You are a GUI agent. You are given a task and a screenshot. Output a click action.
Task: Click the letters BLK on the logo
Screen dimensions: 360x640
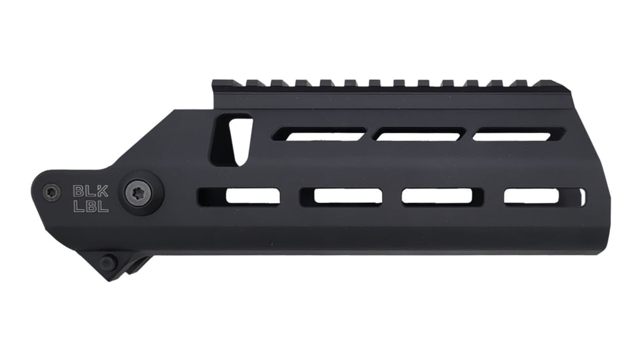90,191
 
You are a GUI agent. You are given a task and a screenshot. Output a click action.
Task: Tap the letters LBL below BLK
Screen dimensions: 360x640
90,207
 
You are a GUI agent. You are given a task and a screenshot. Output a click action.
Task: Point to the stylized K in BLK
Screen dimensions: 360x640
103,191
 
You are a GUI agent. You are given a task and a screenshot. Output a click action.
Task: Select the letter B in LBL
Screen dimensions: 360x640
90,207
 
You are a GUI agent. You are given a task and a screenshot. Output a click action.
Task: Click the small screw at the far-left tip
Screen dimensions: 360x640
51,192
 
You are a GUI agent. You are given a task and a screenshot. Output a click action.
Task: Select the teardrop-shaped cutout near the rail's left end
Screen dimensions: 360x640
231,140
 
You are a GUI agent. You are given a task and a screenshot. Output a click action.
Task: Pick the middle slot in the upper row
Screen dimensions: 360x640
419,135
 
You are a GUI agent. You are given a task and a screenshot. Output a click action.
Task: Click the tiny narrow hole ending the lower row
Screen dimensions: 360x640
582,196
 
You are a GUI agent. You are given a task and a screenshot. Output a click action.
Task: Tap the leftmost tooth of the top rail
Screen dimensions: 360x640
223,84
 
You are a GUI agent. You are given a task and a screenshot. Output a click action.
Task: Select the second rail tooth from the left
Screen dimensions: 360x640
253,84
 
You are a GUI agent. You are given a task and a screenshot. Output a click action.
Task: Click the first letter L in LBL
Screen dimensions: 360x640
78,207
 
